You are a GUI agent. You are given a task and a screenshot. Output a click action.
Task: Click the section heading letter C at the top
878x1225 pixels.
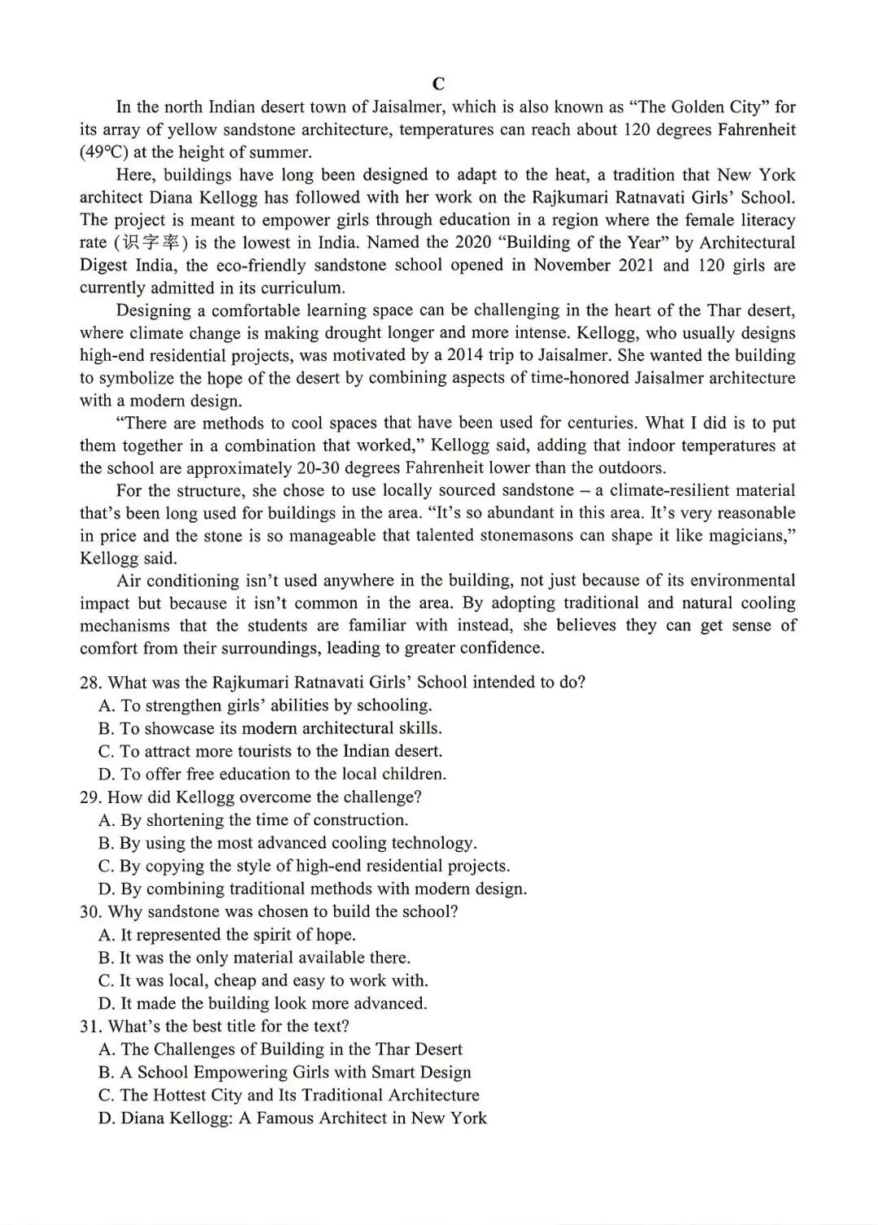click(x=438, y=84)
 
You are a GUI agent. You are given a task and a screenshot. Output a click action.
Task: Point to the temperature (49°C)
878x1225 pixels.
click(x=102, y=152)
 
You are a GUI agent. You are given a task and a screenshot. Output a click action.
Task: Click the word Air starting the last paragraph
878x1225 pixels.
click(x=132, y=580)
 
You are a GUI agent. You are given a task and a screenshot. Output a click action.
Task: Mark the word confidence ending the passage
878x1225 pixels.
click(x=502, y=648)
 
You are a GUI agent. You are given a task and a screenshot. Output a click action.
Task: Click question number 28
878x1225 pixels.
click(x=90, y=683)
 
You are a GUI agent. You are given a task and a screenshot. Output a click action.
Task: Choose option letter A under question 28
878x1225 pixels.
click(x=106, y=706)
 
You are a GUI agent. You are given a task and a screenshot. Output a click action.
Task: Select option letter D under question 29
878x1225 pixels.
click(x=106, y=888)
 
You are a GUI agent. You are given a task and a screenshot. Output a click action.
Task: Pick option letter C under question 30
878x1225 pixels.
click(x=106, y=980)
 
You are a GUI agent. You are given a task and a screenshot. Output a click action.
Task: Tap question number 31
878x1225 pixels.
click(x=90, y=1026)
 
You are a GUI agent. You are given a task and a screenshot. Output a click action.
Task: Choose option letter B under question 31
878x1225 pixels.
click(x=106, y=1072)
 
